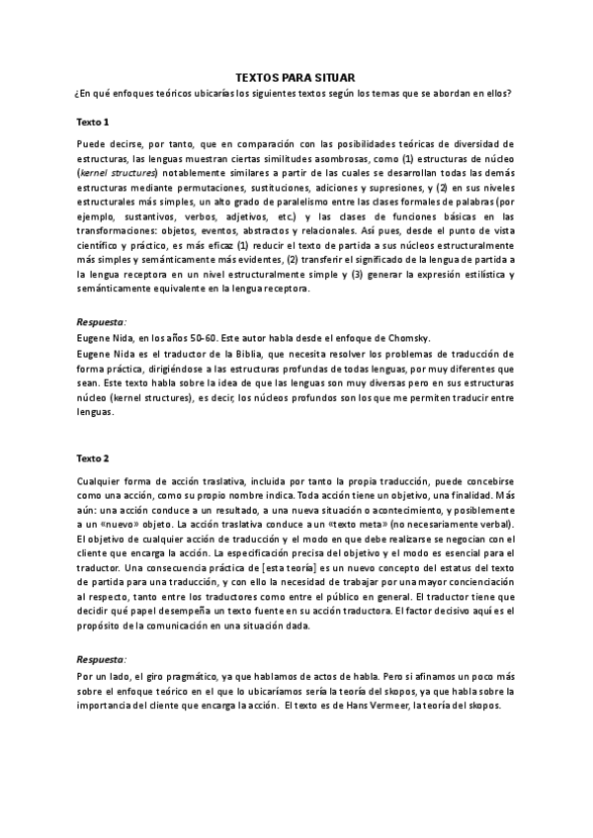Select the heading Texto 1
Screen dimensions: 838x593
point(93,121)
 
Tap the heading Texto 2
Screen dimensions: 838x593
point(93,458)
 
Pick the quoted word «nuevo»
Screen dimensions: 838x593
point(126,523)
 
